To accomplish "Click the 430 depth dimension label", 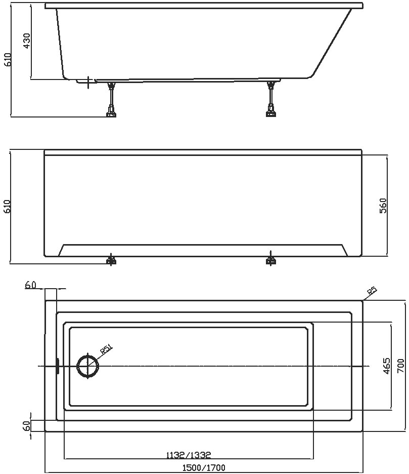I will coord(27,41).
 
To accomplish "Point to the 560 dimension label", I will coord(383,205).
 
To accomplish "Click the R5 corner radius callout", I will coord(372,291).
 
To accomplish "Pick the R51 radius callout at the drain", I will coord(106,349).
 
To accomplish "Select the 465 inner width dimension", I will coord(386,366).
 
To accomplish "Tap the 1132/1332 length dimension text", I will coord(189,454).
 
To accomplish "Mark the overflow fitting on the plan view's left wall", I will coord(58,366).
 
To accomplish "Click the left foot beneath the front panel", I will coord(111,261).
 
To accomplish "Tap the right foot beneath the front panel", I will coord(271,260).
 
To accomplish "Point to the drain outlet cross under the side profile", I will coord(89,82).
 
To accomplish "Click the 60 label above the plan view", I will coord(30,286).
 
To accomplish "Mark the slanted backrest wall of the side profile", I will coord(332,43).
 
